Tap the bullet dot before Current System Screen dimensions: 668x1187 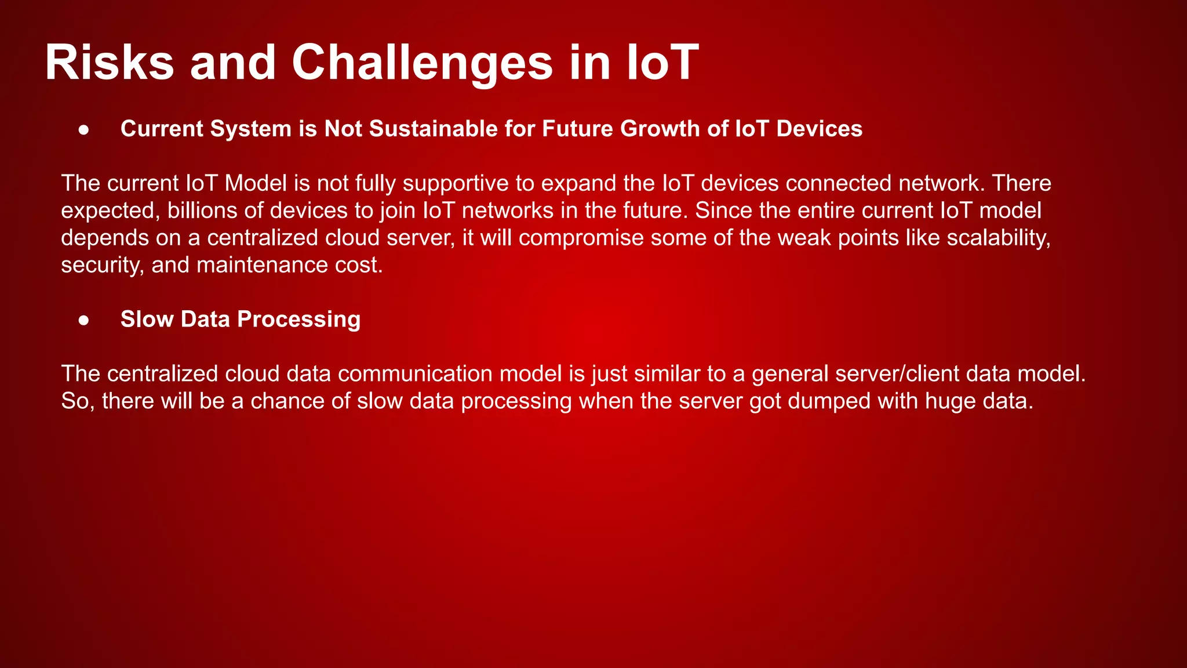(84, 130)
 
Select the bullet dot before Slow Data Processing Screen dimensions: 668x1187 (84, 320)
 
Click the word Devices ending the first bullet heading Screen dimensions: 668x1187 (819, 129)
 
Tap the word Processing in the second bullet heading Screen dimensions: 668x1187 (298, 320)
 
